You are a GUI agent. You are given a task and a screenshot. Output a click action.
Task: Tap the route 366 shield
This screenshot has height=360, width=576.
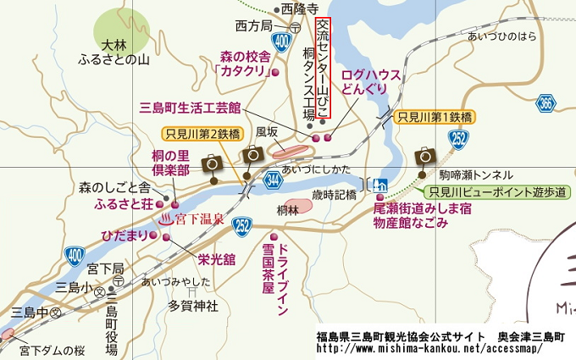point(547,103)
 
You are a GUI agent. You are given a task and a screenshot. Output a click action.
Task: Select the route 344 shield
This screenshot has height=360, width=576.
point(273,180)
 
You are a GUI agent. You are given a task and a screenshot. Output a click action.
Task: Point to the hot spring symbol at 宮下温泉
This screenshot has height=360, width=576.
point(166,219)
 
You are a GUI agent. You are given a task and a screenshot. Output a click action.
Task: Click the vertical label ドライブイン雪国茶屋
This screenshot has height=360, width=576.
point(277,279)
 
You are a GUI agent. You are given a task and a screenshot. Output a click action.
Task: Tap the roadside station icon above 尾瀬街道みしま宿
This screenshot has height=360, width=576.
point(380,185)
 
